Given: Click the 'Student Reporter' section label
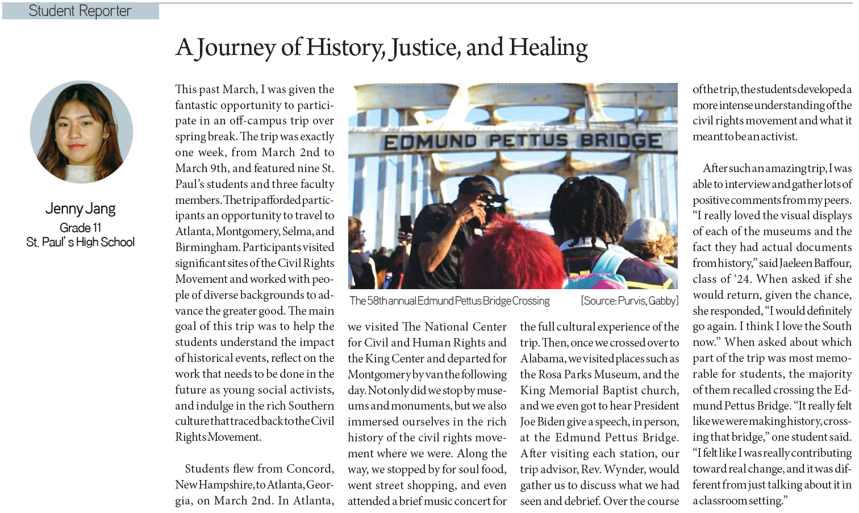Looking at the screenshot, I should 80,11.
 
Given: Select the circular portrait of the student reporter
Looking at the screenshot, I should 81,132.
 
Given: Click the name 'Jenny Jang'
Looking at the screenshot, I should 81,208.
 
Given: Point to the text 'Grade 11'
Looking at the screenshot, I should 81,228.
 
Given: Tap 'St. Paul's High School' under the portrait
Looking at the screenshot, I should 81,242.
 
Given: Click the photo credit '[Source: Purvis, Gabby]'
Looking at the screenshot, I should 629,301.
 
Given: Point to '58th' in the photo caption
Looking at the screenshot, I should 378,301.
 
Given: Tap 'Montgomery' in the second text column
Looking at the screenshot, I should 378,374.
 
